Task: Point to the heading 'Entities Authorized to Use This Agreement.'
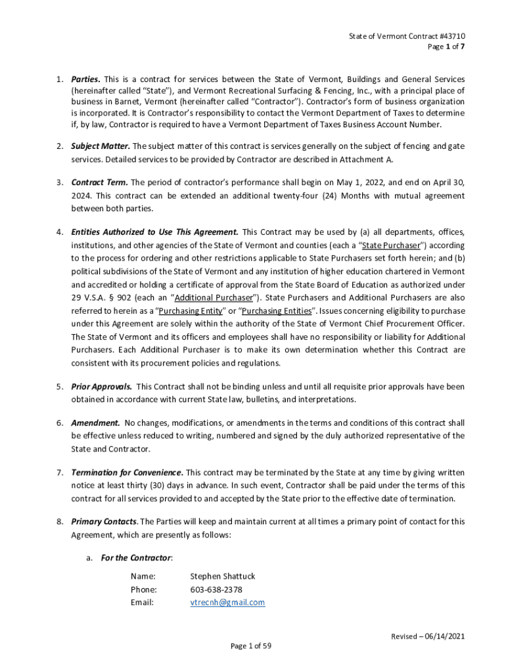[155, 232]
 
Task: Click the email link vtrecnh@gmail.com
[227, 602]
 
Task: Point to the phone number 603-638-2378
[216, 589]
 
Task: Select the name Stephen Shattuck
[223, 576]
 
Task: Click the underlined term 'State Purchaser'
[392, 245]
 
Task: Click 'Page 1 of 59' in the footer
[250, 646]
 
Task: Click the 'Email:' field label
[142, 602]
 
